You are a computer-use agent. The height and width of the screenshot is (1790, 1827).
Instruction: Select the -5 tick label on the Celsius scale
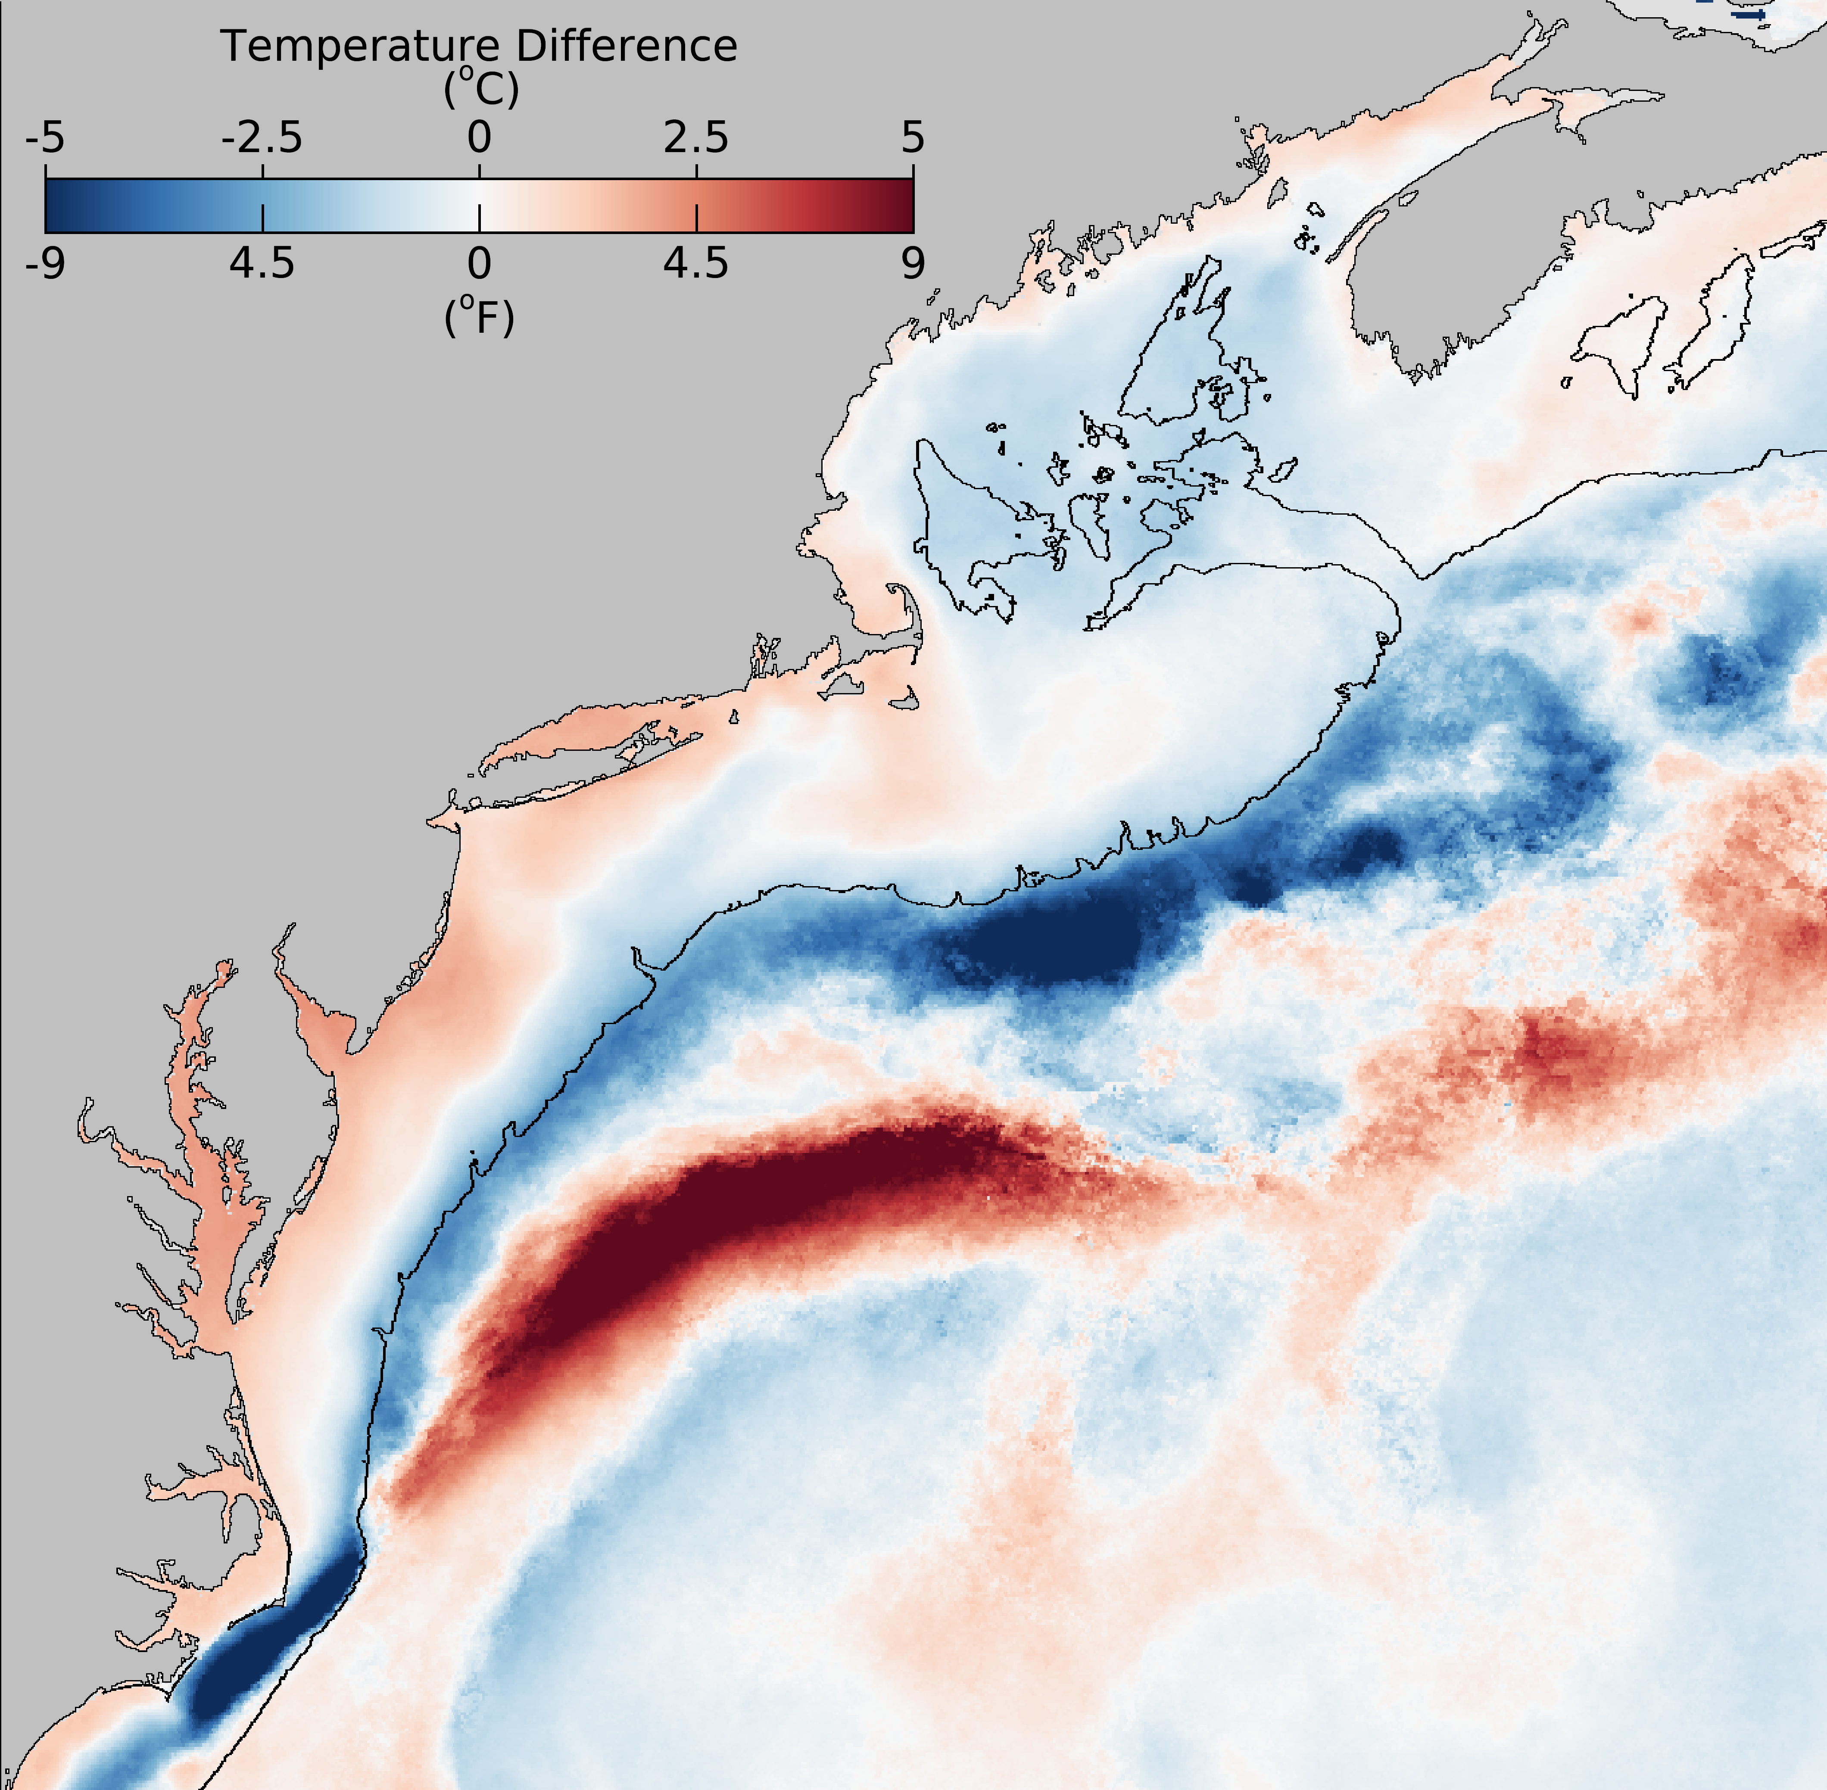(45, 138)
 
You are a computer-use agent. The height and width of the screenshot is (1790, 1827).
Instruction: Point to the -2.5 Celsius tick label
(262, 138)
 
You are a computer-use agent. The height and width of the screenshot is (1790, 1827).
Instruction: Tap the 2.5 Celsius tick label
(695, 138)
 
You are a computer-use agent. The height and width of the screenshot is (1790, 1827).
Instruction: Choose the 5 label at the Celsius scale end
(913, 138)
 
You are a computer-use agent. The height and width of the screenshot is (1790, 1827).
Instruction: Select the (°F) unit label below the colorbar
(479, 318)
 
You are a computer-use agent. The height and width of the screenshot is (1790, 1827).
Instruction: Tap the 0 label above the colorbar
(479, 138)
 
